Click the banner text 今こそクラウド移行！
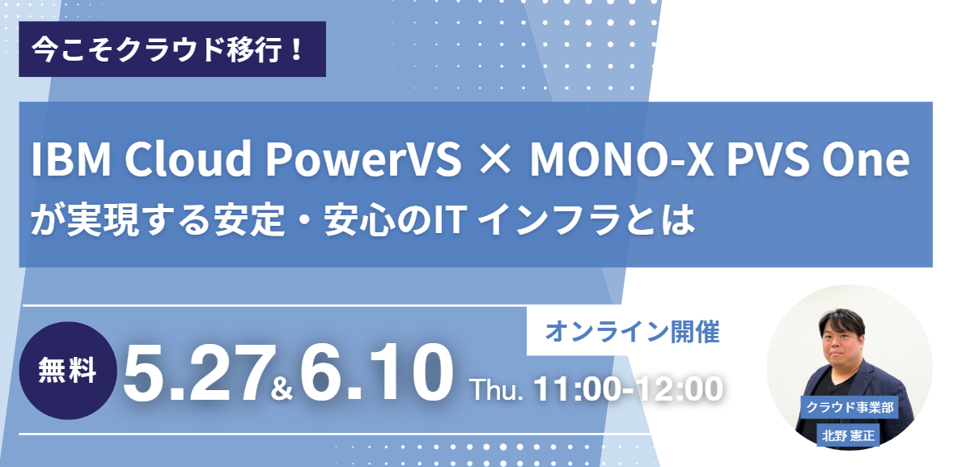[x=168, y=49]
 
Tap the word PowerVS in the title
[x=363, y=159]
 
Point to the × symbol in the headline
[x=495, y=161]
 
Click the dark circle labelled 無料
[x=67, y=371]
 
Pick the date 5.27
[x=196, y=373]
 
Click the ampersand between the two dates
[x=282, y=388]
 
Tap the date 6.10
[x=376, y=373]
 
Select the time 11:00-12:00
[x=628, y=389]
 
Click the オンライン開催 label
[x=633, y=332]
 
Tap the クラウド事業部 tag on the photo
[x=850, y=408]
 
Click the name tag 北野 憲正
[x=849, y=435]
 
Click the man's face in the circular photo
[x=846, y=343]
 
